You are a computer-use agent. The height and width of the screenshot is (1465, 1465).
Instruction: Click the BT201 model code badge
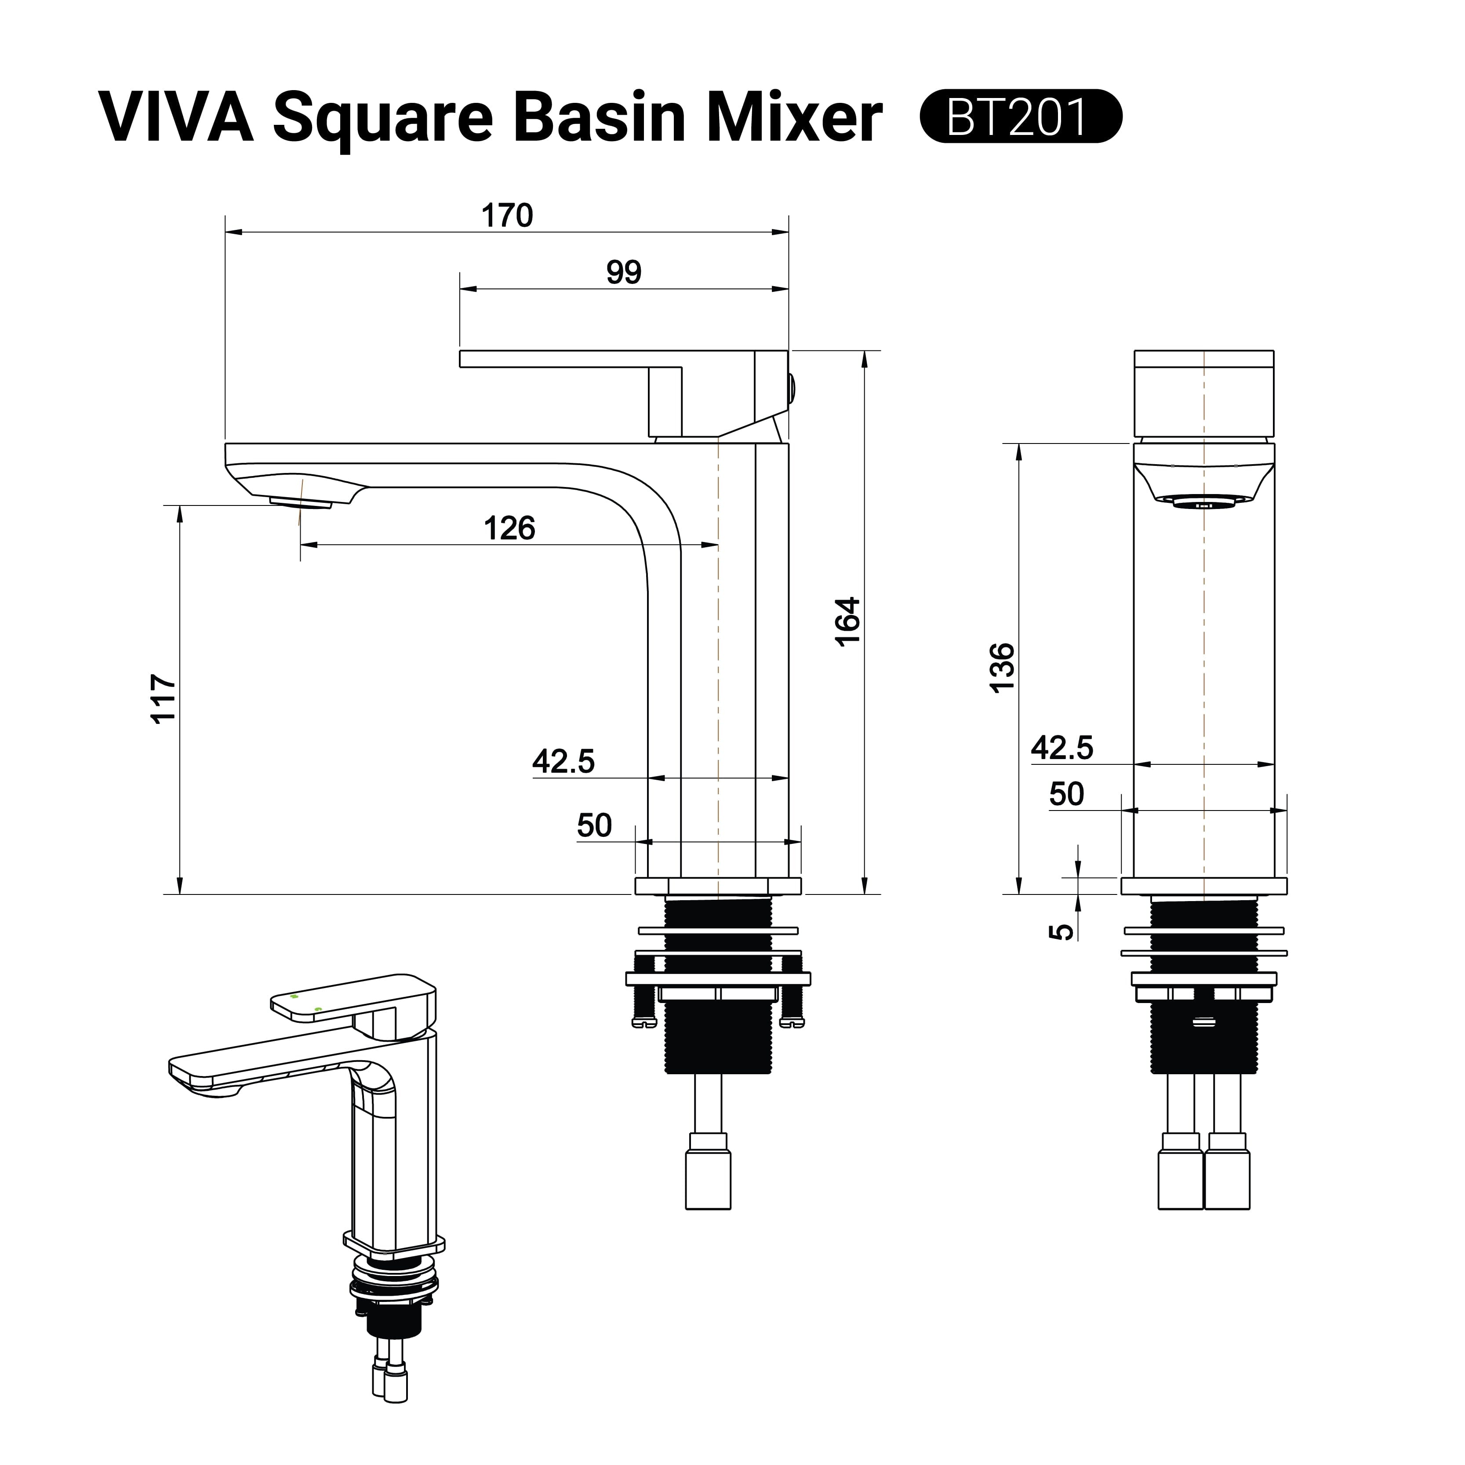1020,116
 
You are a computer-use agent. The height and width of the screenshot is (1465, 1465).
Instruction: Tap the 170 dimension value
507,216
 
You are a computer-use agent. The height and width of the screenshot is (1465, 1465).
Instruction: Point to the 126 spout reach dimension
509,528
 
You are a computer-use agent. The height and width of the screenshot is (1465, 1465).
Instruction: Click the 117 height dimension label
164,698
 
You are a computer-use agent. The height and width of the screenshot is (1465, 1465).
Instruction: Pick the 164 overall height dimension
848,621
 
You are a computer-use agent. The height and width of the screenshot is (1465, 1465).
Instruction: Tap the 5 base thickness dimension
1065,931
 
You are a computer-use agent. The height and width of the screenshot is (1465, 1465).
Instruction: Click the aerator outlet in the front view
1203,502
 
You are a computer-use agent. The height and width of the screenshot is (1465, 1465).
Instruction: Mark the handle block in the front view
1203,393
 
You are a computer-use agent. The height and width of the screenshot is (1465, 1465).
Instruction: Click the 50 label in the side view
594,825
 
